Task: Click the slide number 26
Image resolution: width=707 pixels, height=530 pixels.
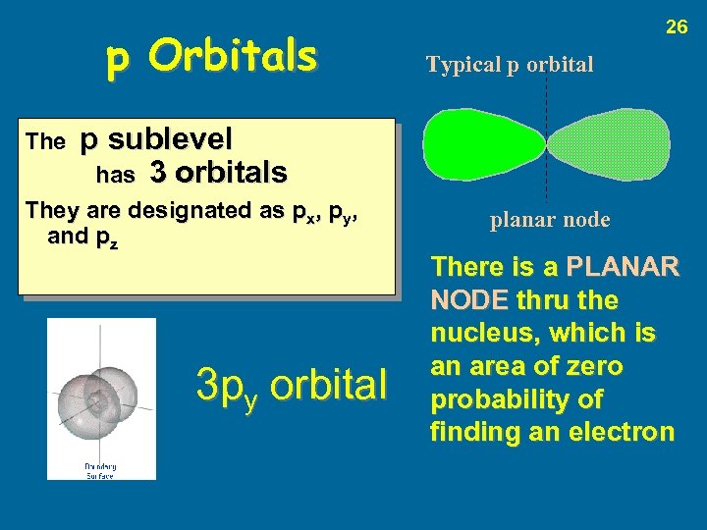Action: click(677, 27)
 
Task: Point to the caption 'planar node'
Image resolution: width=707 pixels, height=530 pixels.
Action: click(550, 220)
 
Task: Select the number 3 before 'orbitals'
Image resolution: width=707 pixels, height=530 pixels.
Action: click(158, 174)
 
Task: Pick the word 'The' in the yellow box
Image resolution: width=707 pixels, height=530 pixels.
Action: click(44, 142)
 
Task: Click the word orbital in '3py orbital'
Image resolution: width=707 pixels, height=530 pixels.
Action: click(329, 386)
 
